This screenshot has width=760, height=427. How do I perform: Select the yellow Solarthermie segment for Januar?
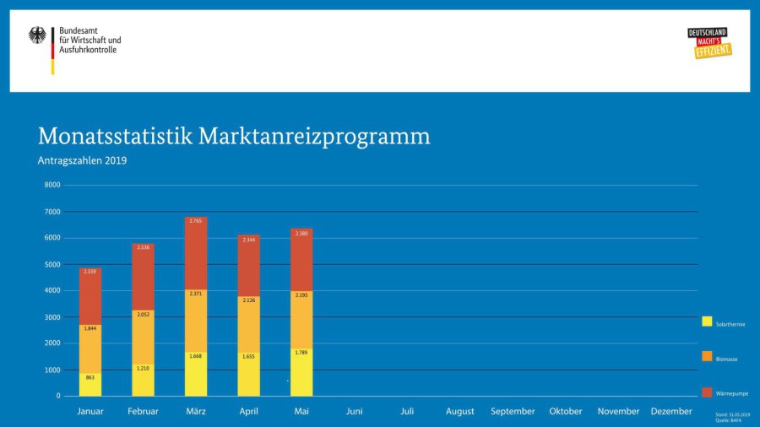[x=90, y=384]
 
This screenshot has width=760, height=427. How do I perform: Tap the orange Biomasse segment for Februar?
[x=143, y=338]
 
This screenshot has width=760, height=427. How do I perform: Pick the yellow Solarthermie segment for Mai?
[x=301, y=371]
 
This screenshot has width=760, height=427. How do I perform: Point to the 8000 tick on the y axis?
[x=52, y=185]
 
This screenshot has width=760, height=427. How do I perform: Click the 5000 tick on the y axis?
[x=52, y=264]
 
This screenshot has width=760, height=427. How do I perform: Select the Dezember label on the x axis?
[x=671, y=412]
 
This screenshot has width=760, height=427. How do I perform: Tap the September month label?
[x=513, y=412]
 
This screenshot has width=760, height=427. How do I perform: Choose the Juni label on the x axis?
[x=355, y=412]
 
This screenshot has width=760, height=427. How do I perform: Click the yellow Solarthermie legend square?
[x=707, y=322]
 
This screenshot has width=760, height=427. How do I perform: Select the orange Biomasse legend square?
[x=707, y=357]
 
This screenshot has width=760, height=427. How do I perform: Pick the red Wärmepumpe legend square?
[x=707, y=392]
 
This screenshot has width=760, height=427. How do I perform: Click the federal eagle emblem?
[x=37, y=36]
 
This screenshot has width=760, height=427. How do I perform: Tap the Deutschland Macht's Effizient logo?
[x=709, y=43]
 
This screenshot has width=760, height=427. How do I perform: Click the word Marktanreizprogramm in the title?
[x=314, y=137]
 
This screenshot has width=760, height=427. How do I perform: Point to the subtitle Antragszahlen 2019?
[x=82, y=160]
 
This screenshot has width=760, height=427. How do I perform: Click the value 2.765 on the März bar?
[x=196, y=221]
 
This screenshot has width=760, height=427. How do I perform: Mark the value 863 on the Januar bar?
[x=90, y=378]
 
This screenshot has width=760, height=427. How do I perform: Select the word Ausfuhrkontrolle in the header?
[x=88, y=50]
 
